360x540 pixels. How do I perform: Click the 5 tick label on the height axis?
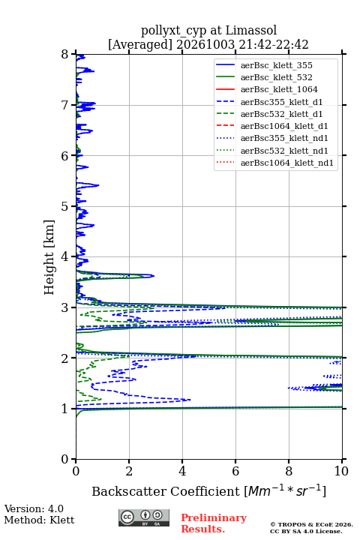click(x=65, y=206)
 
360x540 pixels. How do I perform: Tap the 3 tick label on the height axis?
click(x=65, y=307)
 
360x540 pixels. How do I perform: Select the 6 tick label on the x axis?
click(x=235, y=471)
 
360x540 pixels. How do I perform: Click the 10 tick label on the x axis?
click(x=342, y=471)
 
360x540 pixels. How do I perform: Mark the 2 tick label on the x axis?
click(x=129, y=471)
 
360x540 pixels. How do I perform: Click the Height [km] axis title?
click(x=49, y=257)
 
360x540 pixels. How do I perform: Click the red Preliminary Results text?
click(x=214, y=523)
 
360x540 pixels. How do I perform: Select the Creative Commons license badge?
click(x=144, y=517)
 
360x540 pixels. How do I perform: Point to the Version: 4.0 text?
click(x=34, y=508)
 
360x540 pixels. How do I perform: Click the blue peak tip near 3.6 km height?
click(x=154, y=276)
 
